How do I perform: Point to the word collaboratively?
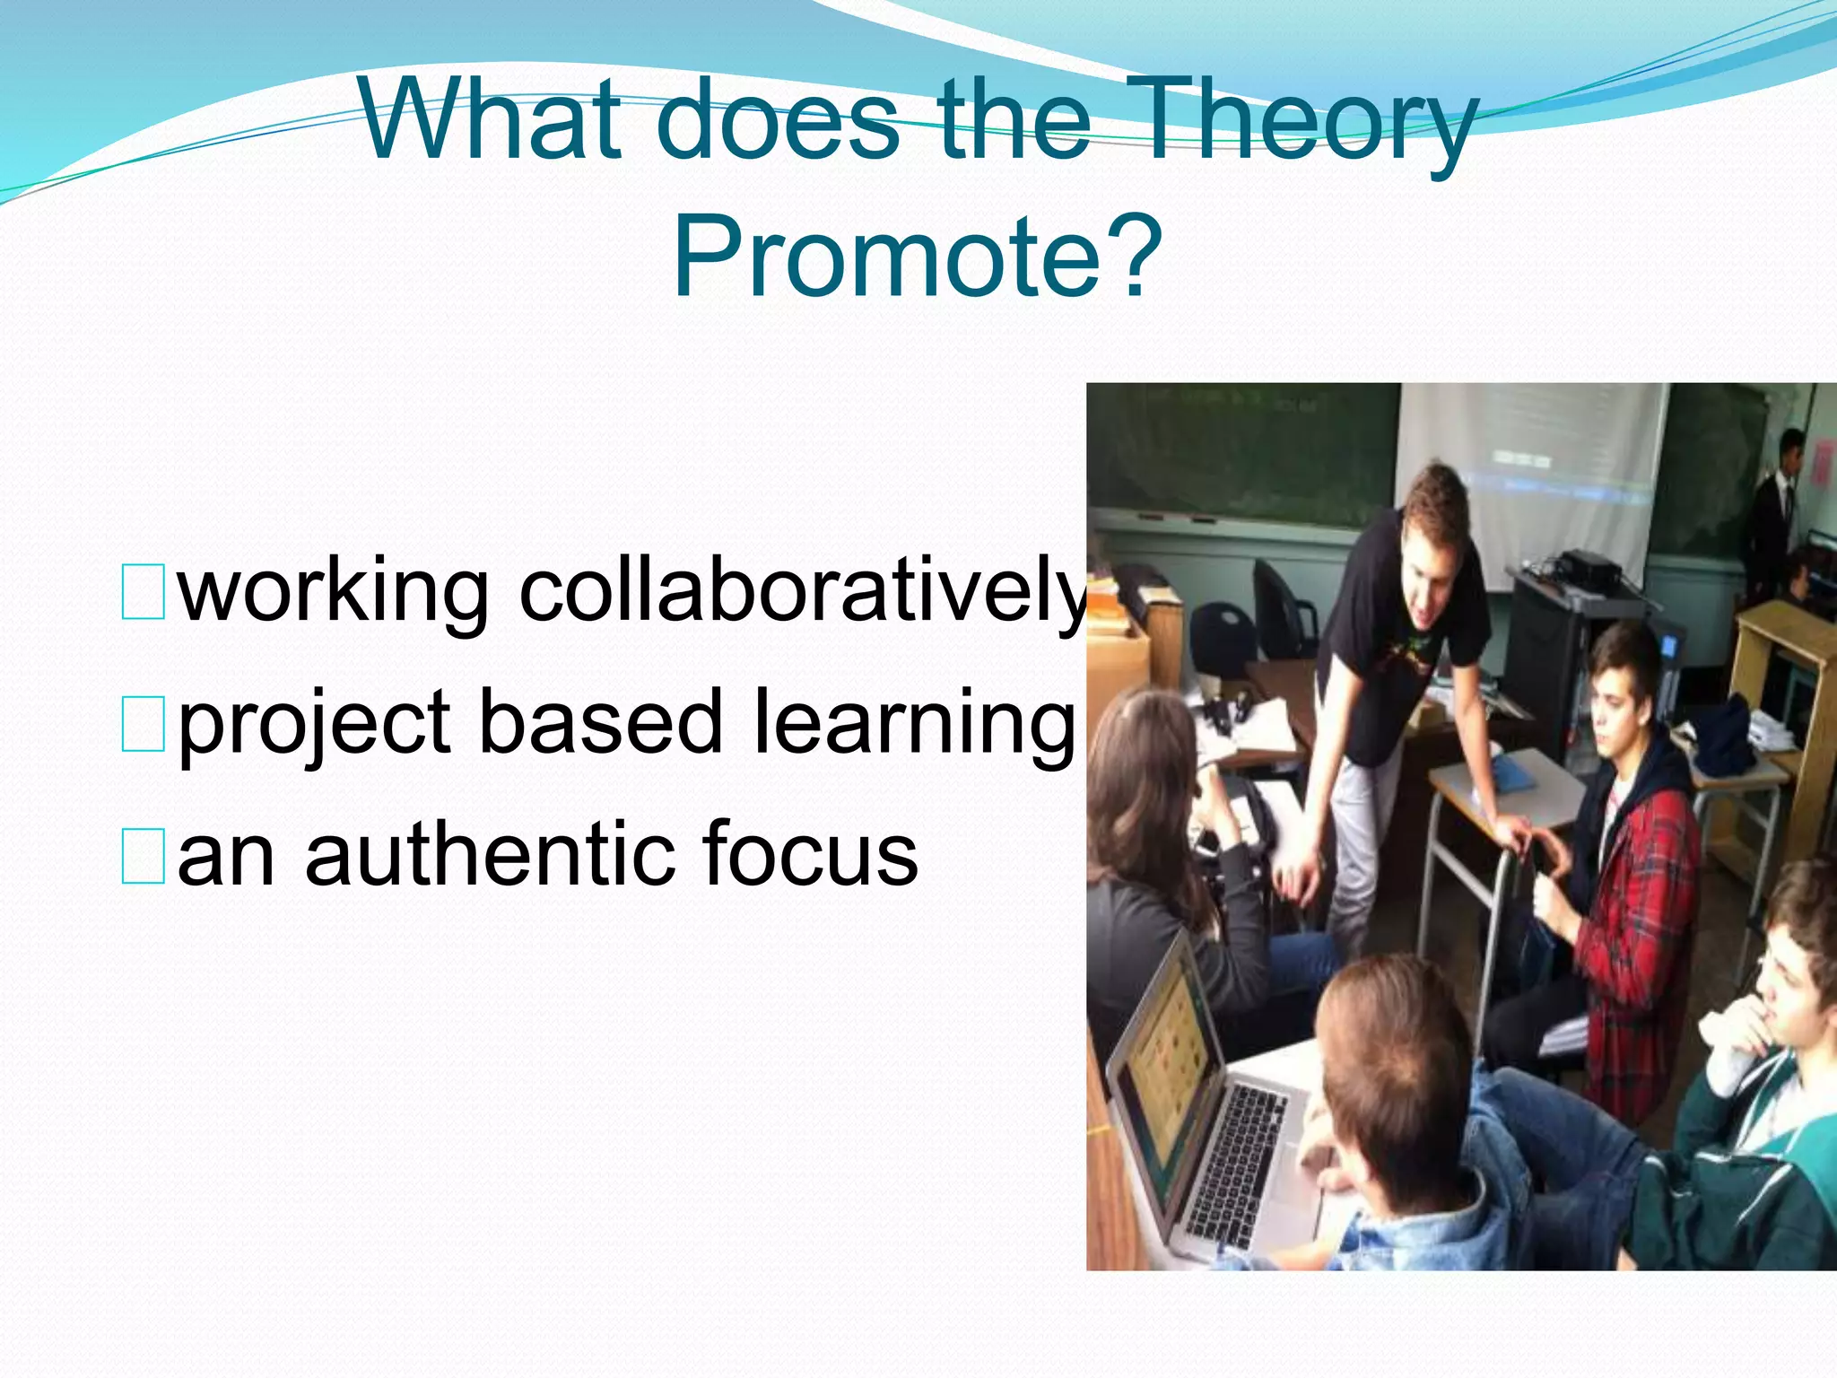tap(803, 592)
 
